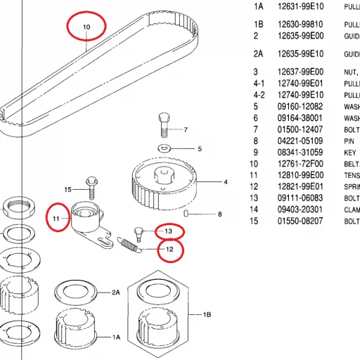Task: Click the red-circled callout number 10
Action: pyautogui.click(x=86, y=27)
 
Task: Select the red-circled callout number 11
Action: pyautogui.click(x=58, y=219)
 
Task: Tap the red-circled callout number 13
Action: pyautogui.click(x=168, y=231)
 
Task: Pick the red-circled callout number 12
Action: pyautogui.click(x=169, y=249)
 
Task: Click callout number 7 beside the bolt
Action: pyautogui.click(x=186, y=130)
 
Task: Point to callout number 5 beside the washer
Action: pyautogui.click(x=199, y=149)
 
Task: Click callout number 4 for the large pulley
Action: pyautogui.click(x=226, y=183)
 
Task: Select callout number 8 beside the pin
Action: pyautogui.click(x=219, y=214)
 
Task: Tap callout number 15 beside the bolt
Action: pyautogui.click(x=68, y=190)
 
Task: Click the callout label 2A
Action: pyautogui.click(x=117, y=291)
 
